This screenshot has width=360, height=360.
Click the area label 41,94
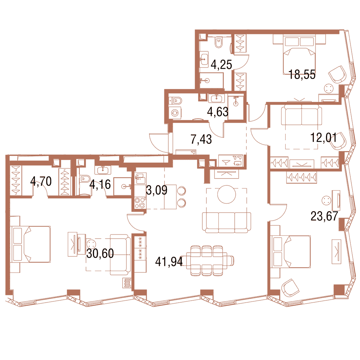click(x=169, y=262)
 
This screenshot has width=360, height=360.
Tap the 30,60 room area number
click(x=100, y=253)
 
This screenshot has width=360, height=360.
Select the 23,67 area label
click(x=324, y=216)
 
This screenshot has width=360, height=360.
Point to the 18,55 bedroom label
click(x=302, y=74)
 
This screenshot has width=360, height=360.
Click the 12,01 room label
click(x=323, y=138)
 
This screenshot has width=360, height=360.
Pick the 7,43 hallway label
click(x=201, y=139)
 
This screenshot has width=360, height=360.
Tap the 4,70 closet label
click(x=41, y=181)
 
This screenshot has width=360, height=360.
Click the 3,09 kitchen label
click(x=157, y=190)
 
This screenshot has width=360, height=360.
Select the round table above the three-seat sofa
click(x=227, y=195)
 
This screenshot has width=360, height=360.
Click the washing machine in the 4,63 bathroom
click(x=175, y=113)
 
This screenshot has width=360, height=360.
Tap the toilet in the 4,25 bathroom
click(x=219, y=42)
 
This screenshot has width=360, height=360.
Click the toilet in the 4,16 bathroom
click(x=85, y=179)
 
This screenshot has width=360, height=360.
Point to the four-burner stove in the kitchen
click(x=140, y=203)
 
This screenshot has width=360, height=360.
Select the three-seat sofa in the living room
click(x=227, y=222)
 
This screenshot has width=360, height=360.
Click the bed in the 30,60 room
click(x=30, y=244)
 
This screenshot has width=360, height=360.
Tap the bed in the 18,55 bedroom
click(x=299, y=55)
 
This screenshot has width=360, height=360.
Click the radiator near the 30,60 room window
click(x=127, y=283)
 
